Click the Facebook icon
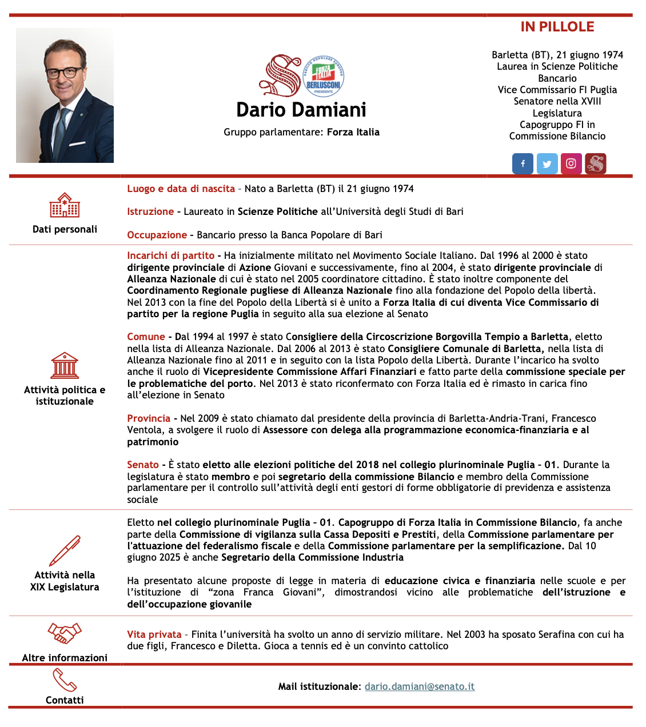[x=523, y=163]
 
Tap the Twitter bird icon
[x=547, y=164]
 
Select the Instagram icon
[x=571, y=163]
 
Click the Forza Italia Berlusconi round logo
[x=323, y=77]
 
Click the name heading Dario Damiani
[x=301, y=110]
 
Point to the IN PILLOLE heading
[x=557, y=27]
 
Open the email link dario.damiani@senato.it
[x=420, y=686]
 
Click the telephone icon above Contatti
[x=65, y=680]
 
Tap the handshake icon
[x=65, y=633]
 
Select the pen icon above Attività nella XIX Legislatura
[x=65, y=550]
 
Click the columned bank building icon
[x=65, y=365]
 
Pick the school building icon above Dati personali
[x=65, y=205]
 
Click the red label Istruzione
[x=150, y=211]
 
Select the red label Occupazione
[x=157, y=235]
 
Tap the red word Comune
[x=146, y=337]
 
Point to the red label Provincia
[x=149, y=418]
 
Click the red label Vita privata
[x=154, y=634]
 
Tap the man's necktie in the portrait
[x=60, y=134]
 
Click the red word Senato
[x=143, y=465]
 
